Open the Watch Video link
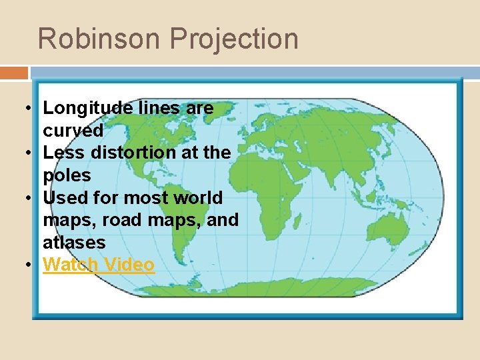(x=99, y=265)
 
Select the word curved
(x=73, y=130)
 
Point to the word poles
(x=67, y=175)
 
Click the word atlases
(x=74, y=242)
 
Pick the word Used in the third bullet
(x=64, y=197)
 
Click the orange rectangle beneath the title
(x=14, y=73)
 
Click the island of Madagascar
(x=319, y=227)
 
